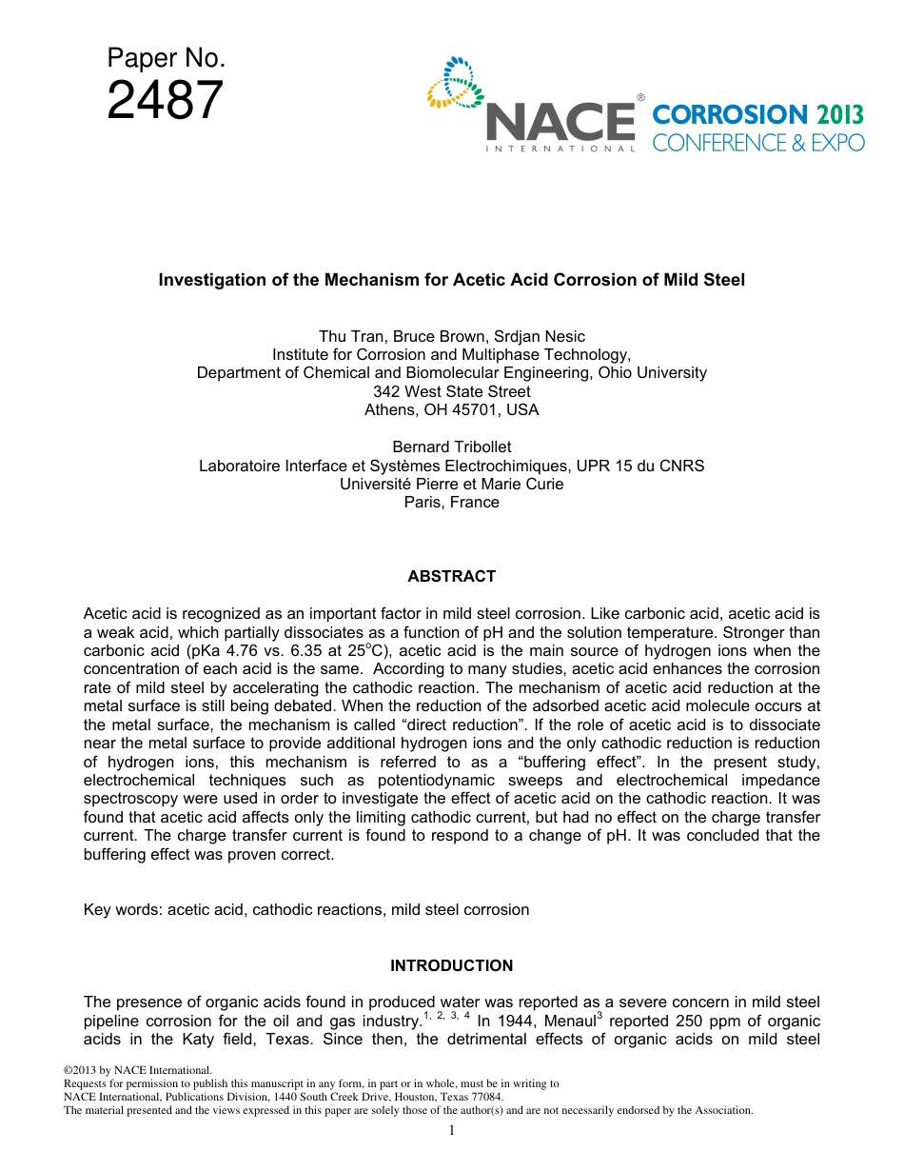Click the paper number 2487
click(166, 101)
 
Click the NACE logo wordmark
click(560, 122)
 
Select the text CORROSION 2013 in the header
click(758, 115)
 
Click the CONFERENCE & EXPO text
click(758, 143)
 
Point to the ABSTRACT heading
click(451, 576)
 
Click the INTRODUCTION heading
click(451, 965)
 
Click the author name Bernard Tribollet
click(451, 447)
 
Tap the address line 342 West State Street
click(451, 391)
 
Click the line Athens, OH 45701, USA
click(451, 409)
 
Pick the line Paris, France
click(451, 502)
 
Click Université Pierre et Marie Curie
click(451, 484)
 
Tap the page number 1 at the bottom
click(452, 1130)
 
